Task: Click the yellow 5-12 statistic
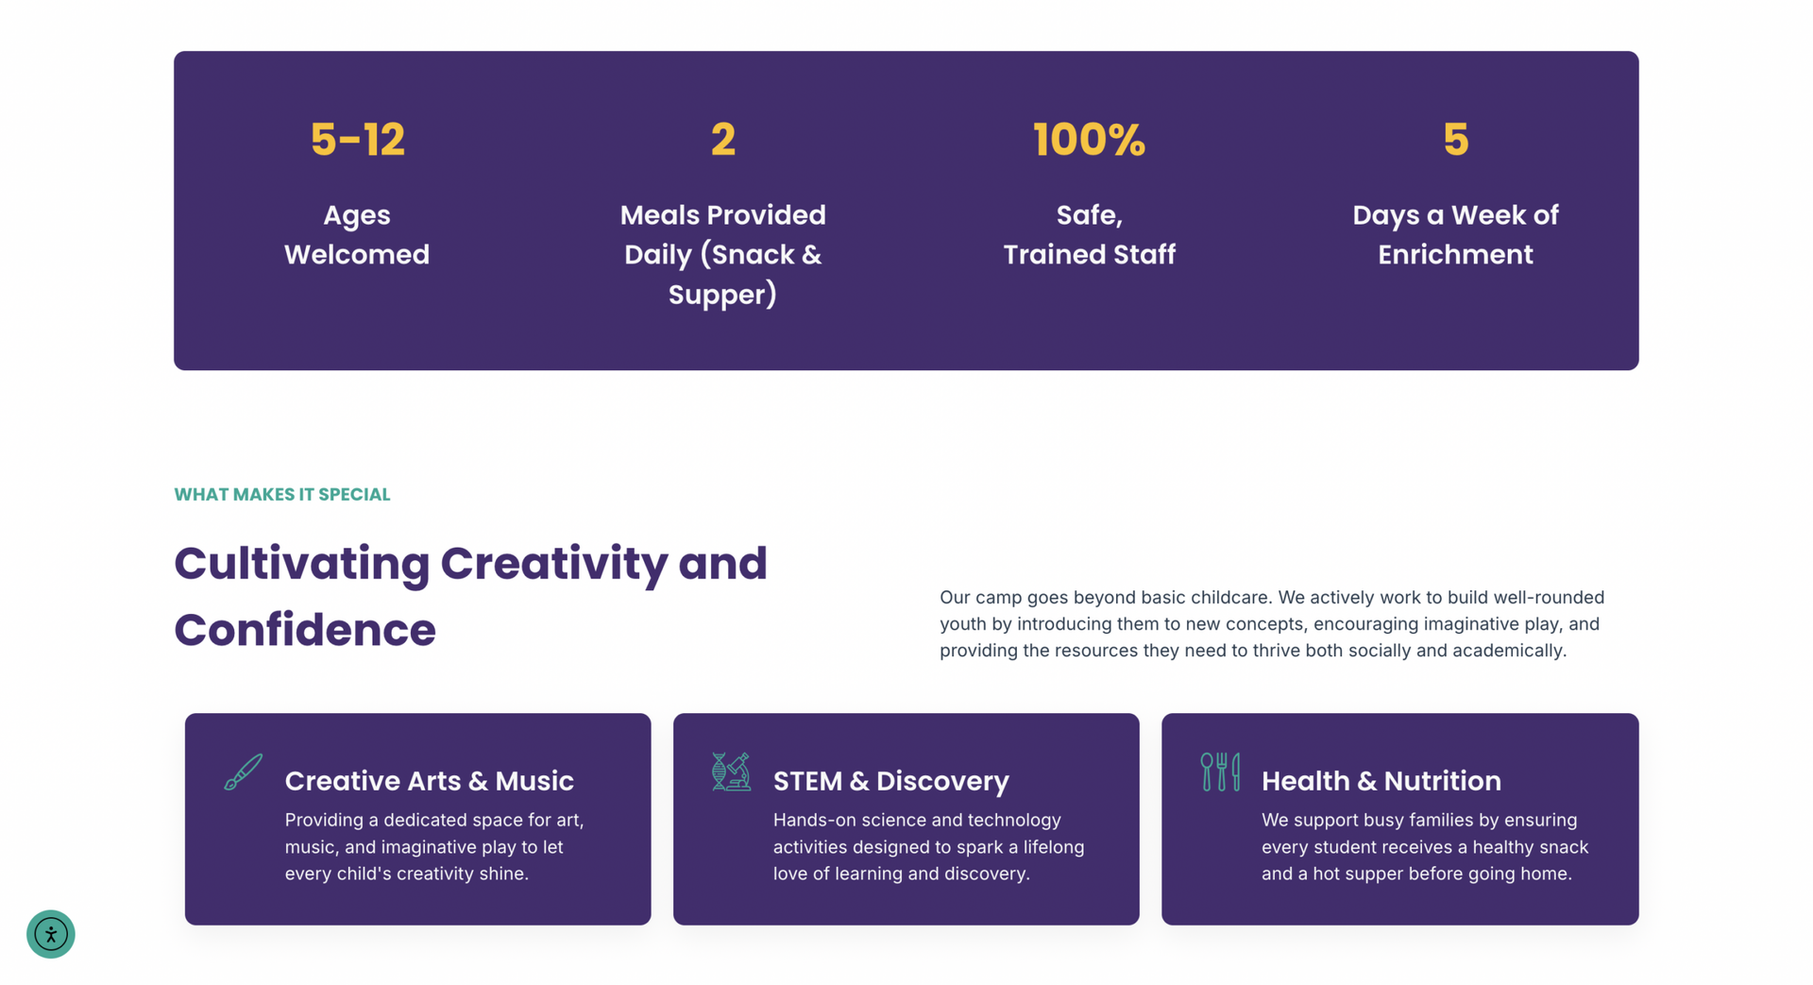[x=357, y=140]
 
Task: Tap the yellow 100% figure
[x=1089, y=140]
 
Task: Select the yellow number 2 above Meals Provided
[x=723, y=140]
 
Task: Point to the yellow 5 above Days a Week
[x=1455, y=140]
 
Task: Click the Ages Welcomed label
[x=357, y=234]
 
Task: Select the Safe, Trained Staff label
[x=1089, y=234]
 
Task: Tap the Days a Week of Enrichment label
[x=1455, y=234]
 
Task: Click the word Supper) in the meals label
[x=722, y=295]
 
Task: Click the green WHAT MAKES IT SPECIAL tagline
[x=282, y=495]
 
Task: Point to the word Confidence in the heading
[x=305, y=630]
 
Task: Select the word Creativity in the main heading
[x=554, y=564]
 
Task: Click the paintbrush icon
[x=244, y=772]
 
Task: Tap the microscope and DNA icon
[x=731, y=772]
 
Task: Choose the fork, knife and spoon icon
[x=1220, y=772]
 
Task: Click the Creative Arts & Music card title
[x=430, y=781]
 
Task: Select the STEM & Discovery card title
[x=891, y=781]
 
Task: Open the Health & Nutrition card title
[x=1381, y=781]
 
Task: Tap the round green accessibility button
[x=51, y=934]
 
